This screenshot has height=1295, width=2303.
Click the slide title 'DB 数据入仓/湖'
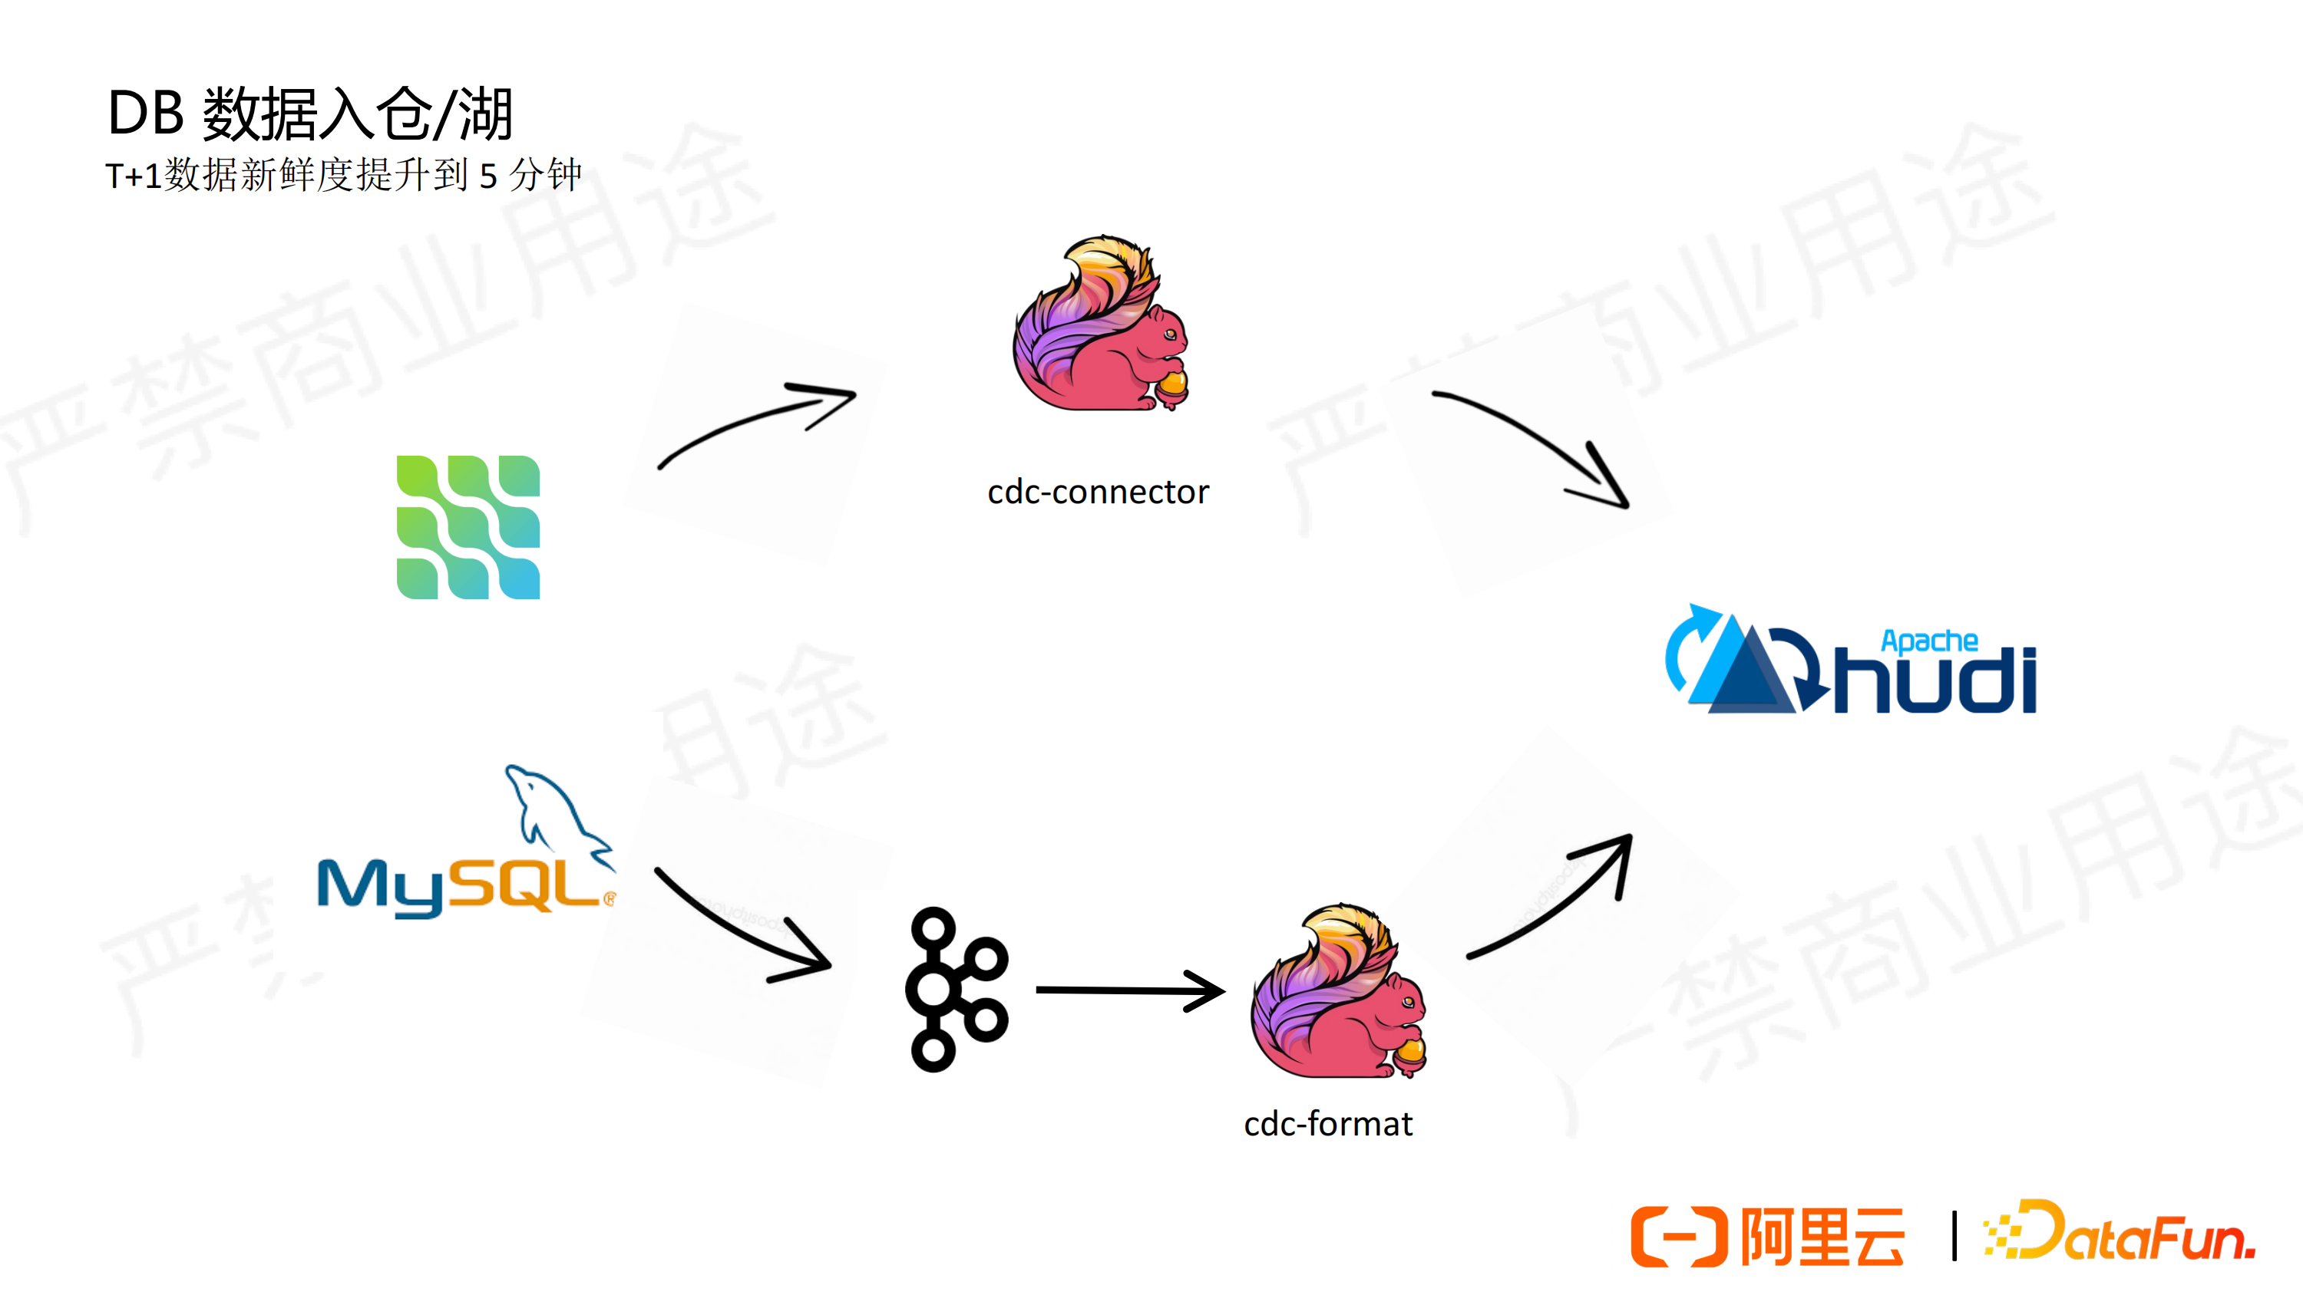click(310, 114)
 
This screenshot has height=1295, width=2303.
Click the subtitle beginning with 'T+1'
click(343, 174)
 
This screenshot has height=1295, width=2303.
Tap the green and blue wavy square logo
click(468, 527)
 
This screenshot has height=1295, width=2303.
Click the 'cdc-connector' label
click(1098, 492)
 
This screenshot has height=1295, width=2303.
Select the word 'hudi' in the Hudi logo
click(1935, 680)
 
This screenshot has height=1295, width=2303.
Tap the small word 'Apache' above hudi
click(1929, 641)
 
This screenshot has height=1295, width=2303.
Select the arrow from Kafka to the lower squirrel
click(1131, 990)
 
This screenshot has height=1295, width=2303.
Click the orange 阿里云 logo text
click(1822, 1237)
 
